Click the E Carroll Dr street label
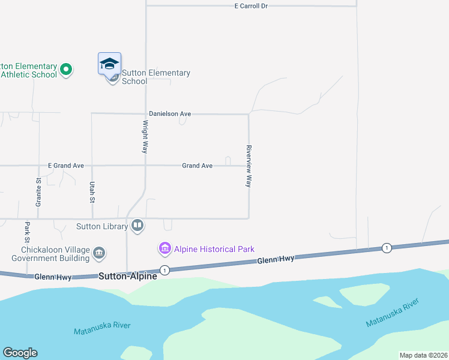pos(251,5)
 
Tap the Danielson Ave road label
pos(170,113)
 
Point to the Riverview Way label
pos(248,166)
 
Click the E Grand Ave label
pos(66,166)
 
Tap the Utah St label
pos(92,193)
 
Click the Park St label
pos(27,229)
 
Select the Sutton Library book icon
pos(137,226)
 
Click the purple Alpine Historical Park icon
pos(164,248)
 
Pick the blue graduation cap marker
pos(110,64)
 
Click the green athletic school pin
pos(66,70)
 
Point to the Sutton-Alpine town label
pos(128,276)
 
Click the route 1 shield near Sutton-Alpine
pos(164,270)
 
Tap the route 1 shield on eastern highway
pos(387,248)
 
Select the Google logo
pos(20,353)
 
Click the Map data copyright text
pos(423,355)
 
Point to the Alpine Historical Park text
pos(214,249)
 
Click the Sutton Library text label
pos(102,226)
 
